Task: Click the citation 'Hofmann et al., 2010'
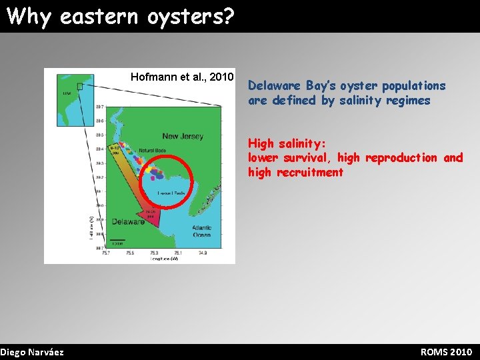pos(182,77)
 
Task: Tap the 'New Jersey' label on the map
pos(183,136)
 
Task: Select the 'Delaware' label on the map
pos(128,221)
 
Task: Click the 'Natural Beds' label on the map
pos(153,151)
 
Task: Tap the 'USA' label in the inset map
pos(67,93)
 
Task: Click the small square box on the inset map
pos(80,86)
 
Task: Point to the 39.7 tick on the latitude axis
pos(99,107)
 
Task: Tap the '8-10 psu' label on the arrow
pos(114,150)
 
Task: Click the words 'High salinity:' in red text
pos(287,143)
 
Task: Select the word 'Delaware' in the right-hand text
pos(274,86)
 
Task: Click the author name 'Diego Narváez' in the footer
pos(32,352)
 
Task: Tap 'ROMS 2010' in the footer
pos(446,352)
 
